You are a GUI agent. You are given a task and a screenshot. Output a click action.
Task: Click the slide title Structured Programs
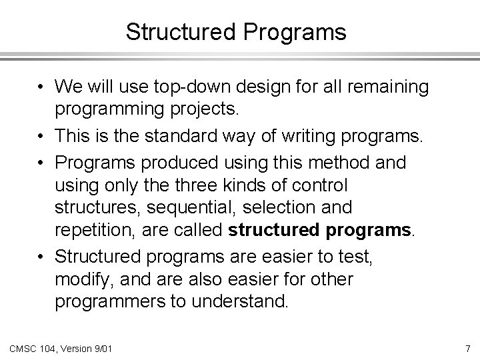236,32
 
